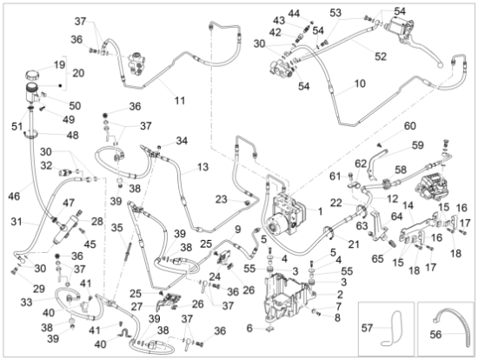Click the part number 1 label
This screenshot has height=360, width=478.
[x=320, y=211]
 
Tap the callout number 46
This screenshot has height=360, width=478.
[x=14, y=197]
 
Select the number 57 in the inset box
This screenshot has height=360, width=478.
[x=368, y=328]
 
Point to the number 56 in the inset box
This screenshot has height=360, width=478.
[x=435, y=335]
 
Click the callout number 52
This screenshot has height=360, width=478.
[x=381, y=57]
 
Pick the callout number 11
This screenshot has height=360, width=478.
[x=180, y=100]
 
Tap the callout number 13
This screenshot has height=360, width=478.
[x=202, y=167]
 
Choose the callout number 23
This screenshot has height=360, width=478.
[x=222, y=199]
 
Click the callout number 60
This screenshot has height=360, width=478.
[x=410, y=126]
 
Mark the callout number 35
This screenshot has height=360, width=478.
[x=116, y=228]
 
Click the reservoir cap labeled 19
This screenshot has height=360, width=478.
[x=33, y=74]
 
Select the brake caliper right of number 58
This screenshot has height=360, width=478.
[x=431, y=183]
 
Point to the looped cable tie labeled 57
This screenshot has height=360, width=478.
[x=392, y=327]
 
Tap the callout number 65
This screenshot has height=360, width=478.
[x=378, y=258]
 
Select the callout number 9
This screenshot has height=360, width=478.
[x=238, y=229]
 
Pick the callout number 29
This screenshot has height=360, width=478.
[x=39, y=289]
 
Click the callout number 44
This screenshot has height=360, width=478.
[x=294, y=13]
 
